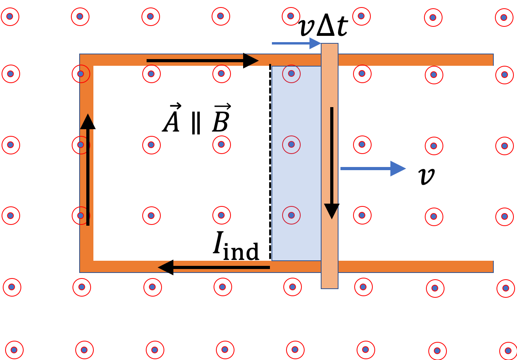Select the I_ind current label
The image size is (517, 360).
tap(236, 246)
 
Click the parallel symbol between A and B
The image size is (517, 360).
tap(196, 123)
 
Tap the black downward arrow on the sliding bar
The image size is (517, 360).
tap(332, 163)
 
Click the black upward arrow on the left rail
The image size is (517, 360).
tap(88, 169)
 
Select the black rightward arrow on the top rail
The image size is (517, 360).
tap(203, 61)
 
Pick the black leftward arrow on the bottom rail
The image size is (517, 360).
tap(214, 267)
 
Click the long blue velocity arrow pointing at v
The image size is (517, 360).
tap(373, 169)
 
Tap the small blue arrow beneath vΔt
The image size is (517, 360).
tap(296, 43)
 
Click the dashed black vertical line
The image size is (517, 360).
tap(270, 162)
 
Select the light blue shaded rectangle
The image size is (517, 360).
tap(296, 163)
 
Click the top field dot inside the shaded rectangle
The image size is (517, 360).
tap(291, 74)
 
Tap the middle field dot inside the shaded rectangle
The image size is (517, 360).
tap(291, 145)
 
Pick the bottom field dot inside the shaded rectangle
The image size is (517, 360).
tap(291, 215)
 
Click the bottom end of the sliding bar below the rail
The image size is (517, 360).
tap(329, 288)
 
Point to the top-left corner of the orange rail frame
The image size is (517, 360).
tap(80, 54)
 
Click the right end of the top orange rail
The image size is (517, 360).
tap(493, 60)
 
